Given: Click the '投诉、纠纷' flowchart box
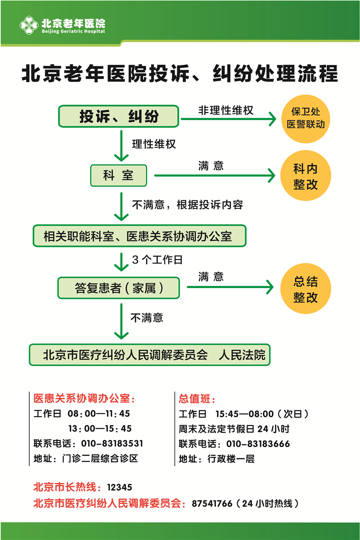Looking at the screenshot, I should coord(119,116).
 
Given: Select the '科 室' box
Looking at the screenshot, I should coord(118,175).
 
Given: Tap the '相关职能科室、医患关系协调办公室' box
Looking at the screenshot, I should coord(139,236).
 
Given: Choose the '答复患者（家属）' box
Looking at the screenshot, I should coord(119,288).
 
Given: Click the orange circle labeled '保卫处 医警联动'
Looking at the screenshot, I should coord(306,118).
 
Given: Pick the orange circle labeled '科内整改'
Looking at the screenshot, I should coord(306,177).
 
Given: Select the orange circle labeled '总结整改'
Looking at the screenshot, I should coord(306,289).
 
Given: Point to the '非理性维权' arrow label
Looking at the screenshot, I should coord(226,110).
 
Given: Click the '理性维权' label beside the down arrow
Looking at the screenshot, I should coord(154,144).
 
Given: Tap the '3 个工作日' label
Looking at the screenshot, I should coord(157,260).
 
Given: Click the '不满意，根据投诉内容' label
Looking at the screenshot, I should coord(187,205).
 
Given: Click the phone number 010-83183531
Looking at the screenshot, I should coord(112,444).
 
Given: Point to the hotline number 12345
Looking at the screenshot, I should coord(120,487).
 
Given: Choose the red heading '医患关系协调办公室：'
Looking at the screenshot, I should coord(84,399).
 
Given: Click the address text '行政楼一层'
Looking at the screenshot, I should coord(231,459).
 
